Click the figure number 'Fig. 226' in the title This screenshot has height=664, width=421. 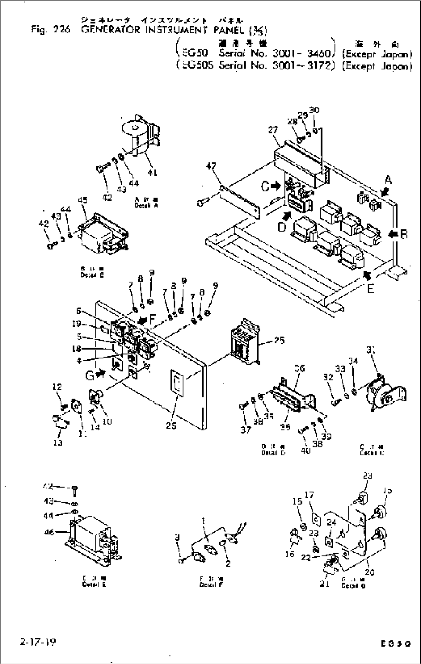[51, 30]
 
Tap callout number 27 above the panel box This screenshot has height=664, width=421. [273, 130]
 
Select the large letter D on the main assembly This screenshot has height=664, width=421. [282, 227]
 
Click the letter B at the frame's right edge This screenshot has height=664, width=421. [404, 234]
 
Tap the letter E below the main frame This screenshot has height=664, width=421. [370, 288]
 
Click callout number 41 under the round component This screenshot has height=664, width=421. [152, 173]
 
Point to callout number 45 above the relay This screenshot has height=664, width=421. [83, 200]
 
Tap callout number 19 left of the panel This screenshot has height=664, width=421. [76, 324]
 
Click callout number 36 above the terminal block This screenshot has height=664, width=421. [299, 368]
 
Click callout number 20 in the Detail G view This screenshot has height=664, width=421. [370, 572]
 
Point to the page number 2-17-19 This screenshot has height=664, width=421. [37, 642]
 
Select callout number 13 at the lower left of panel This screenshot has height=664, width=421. [58, 443]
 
